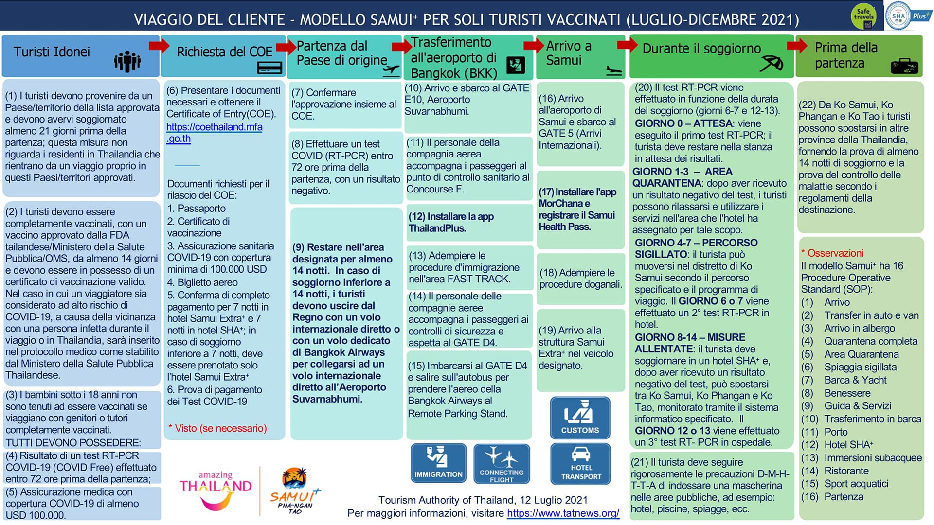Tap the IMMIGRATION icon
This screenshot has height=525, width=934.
click(x=438, y=463)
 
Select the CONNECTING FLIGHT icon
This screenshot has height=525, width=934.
click(x=502, y=463)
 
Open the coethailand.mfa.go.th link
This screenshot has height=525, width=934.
click(x=214, y=133)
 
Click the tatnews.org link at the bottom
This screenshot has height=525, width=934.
click(x=563, y=513)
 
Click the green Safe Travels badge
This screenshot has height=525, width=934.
click(x=863, y=16)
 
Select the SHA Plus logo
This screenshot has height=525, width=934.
click(x=907, y=16)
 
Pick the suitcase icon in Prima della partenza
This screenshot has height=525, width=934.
click(x=904, y=66)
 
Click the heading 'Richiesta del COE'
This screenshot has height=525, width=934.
click(x=224, y=52)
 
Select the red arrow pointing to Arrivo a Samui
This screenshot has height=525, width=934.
click(x=534, y=46)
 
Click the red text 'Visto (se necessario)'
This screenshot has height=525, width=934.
click(x=217, y=428)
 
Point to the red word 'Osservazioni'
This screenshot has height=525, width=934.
click(x=832, y=253)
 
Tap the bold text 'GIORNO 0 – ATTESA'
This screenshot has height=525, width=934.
click(x=683, y=123)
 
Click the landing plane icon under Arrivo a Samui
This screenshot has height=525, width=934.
click(x=614, y=71)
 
